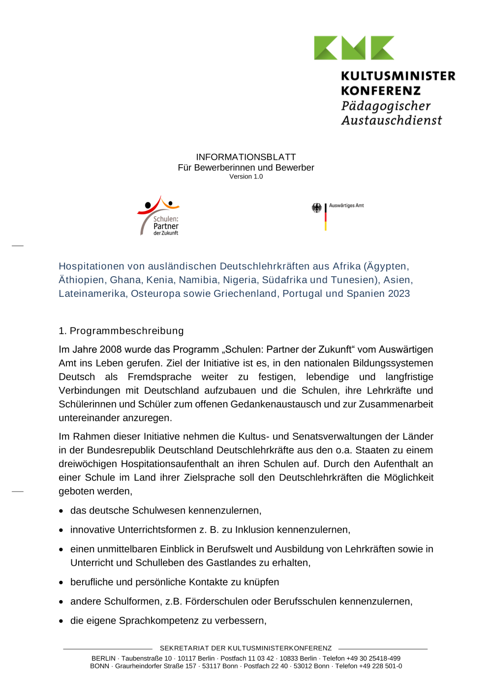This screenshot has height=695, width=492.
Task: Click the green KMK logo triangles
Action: (x=354, y=48)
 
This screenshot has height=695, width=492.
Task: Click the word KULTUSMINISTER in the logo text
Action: (x=398, y=76)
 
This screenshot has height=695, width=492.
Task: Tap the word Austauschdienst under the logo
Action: (x=392, y=120)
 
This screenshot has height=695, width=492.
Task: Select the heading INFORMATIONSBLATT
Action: (x=246, y=157)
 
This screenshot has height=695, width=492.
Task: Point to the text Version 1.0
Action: (x=246, y=176)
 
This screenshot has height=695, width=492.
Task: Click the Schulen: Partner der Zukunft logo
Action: (x=159, y=216)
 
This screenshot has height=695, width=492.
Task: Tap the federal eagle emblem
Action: (x=316, y=208)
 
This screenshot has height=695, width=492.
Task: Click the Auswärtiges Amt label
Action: (x=346, y=205)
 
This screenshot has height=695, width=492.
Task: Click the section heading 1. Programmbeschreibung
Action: (x=121, y=331)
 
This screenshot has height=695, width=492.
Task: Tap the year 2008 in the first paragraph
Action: (x=111, y=349)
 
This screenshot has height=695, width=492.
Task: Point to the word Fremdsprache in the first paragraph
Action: (x=159, y=377)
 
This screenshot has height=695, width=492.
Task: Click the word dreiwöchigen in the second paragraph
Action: (x=87, y=464)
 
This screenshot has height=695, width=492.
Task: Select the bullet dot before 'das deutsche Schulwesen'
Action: (x=61, y=511)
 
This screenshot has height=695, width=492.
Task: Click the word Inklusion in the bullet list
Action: (x=254, y=530)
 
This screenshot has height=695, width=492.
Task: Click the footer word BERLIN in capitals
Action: (x=103, y=659)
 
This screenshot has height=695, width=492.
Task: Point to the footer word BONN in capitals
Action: (x=99, y=666)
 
